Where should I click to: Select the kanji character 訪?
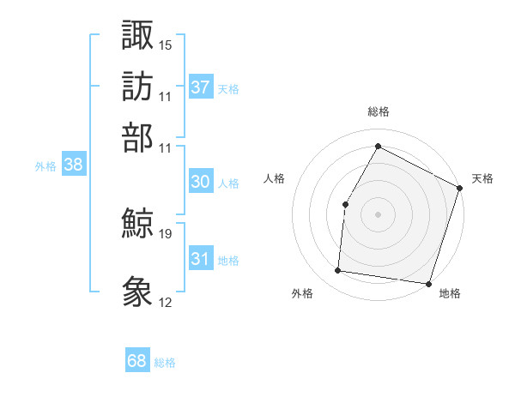click(137, 86)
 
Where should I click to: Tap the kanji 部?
click(137, 136)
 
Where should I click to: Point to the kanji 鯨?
click(137, 224)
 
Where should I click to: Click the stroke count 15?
click(166, 45)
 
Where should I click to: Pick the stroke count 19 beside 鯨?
click(166, 233)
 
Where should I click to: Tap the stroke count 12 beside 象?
click(166, 302)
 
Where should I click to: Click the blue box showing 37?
click(201, 87)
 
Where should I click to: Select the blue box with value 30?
click(200, 182)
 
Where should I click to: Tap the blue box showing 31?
click(200, 259)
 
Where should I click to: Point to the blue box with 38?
click(73, 165)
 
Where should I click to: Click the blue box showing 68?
click(137, 361)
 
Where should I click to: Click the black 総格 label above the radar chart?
click(378, 112)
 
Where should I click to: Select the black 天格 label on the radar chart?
click(482, 178)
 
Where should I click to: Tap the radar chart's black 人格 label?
click(274, 178)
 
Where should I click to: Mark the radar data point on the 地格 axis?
click(428, 283)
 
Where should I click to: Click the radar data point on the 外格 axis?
click(338, 271)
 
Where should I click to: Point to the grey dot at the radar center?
click(378, 214)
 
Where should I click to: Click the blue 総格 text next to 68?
click(165, 363)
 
